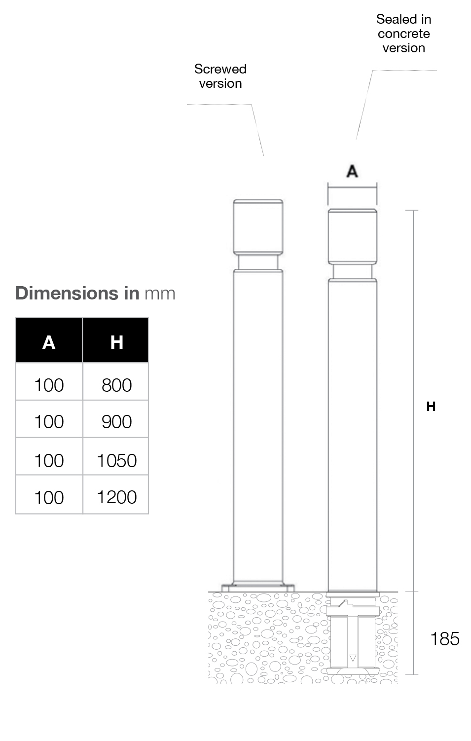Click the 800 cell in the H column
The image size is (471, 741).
pyautogui.click(x=116, y=385)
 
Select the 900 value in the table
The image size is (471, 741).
pyautogui.click(x=116, y=422)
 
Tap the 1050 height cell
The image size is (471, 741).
pyautogui.click(x=116, y=460)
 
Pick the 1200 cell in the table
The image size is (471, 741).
pyautogui.click(x=116, y=497)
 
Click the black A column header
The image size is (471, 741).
pyautogui.click(x=49, y=340)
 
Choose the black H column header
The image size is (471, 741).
pyautogui.click(x=116, y=340)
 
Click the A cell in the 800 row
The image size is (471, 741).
pyautogui.click(x=49, y=385)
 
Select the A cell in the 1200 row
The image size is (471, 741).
pyautogui.click(x=49, y=497)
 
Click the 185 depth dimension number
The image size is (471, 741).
pyautogui.click(x=445, y=638)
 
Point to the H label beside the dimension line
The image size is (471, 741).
pyautogui.click(x=431, y=406)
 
